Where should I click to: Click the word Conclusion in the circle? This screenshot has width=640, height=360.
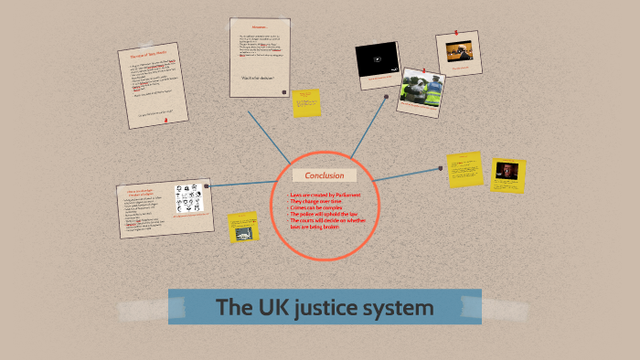click(325, 175)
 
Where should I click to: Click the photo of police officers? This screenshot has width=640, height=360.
click(421, 90)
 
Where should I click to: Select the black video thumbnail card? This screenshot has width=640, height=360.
click(377, 60)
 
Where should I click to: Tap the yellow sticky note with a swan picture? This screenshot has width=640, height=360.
click(244, 228)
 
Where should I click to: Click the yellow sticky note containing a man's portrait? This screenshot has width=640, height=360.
click(507, 173)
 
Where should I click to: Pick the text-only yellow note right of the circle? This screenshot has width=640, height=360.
click(464, 170)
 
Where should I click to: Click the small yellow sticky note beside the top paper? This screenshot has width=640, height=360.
click(306, 102)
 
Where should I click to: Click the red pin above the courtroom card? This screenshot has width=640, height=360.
click(456, 32)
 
